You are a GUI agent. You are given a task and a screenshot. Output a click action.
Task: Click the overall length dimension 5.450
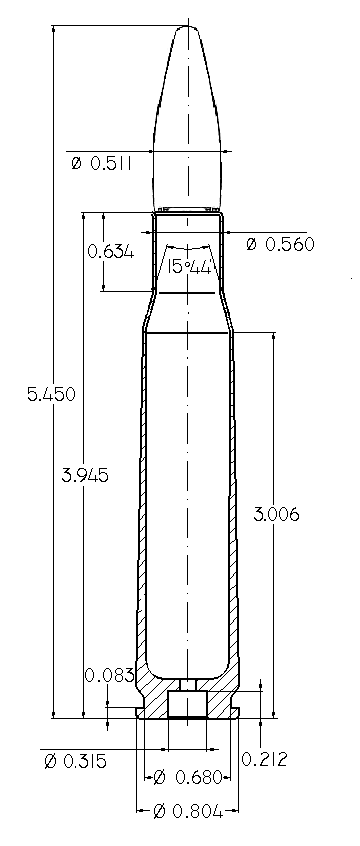coord(51,394)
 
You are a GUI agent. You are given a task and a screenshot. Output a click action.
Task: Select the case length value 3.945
coord(85,475)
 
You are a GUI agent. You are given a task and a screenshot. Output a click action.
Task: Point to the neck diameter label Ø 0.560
coord(280,244)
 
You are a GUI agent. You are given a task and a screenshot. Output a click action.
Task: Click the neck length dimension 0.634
coord(111,251)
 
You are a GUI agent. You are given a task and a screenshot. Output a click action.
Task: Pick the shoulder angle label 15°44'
coord(188,267)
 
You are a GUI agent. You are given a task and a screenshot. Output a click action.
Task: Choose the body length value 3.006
coord(276,514)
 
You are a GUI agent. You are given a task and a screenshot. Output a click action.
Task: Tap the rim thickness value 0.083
coord(109,675)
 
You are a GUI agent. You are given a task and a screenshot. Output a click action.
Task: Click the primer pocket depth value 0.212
coord(264,759)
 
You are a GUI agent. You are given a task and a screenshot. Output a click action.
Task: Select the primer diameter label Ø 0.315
coord(76,761)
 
